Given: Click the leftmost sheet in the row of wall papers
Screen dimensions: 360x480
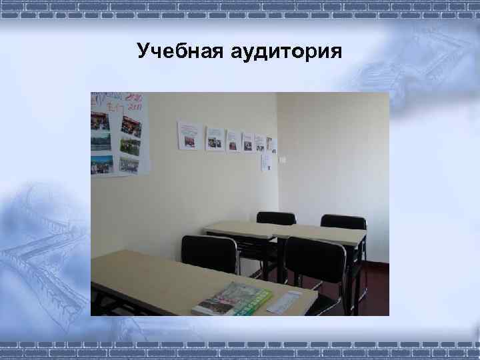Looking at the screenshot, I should (x=189, y=135).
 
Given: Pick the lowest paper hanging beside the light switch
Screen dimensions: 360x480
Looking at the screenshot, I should (x=266, y=161).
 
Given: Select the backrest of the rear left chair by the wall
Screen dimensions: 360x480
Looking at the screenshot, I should (x=276, y=218).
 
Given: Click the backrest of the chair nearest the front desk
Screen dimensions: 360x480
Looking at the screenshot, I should (x=209, y=254).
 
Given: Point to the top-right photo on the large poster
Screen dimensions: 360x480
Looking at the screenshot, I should (x=129, y=125).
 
